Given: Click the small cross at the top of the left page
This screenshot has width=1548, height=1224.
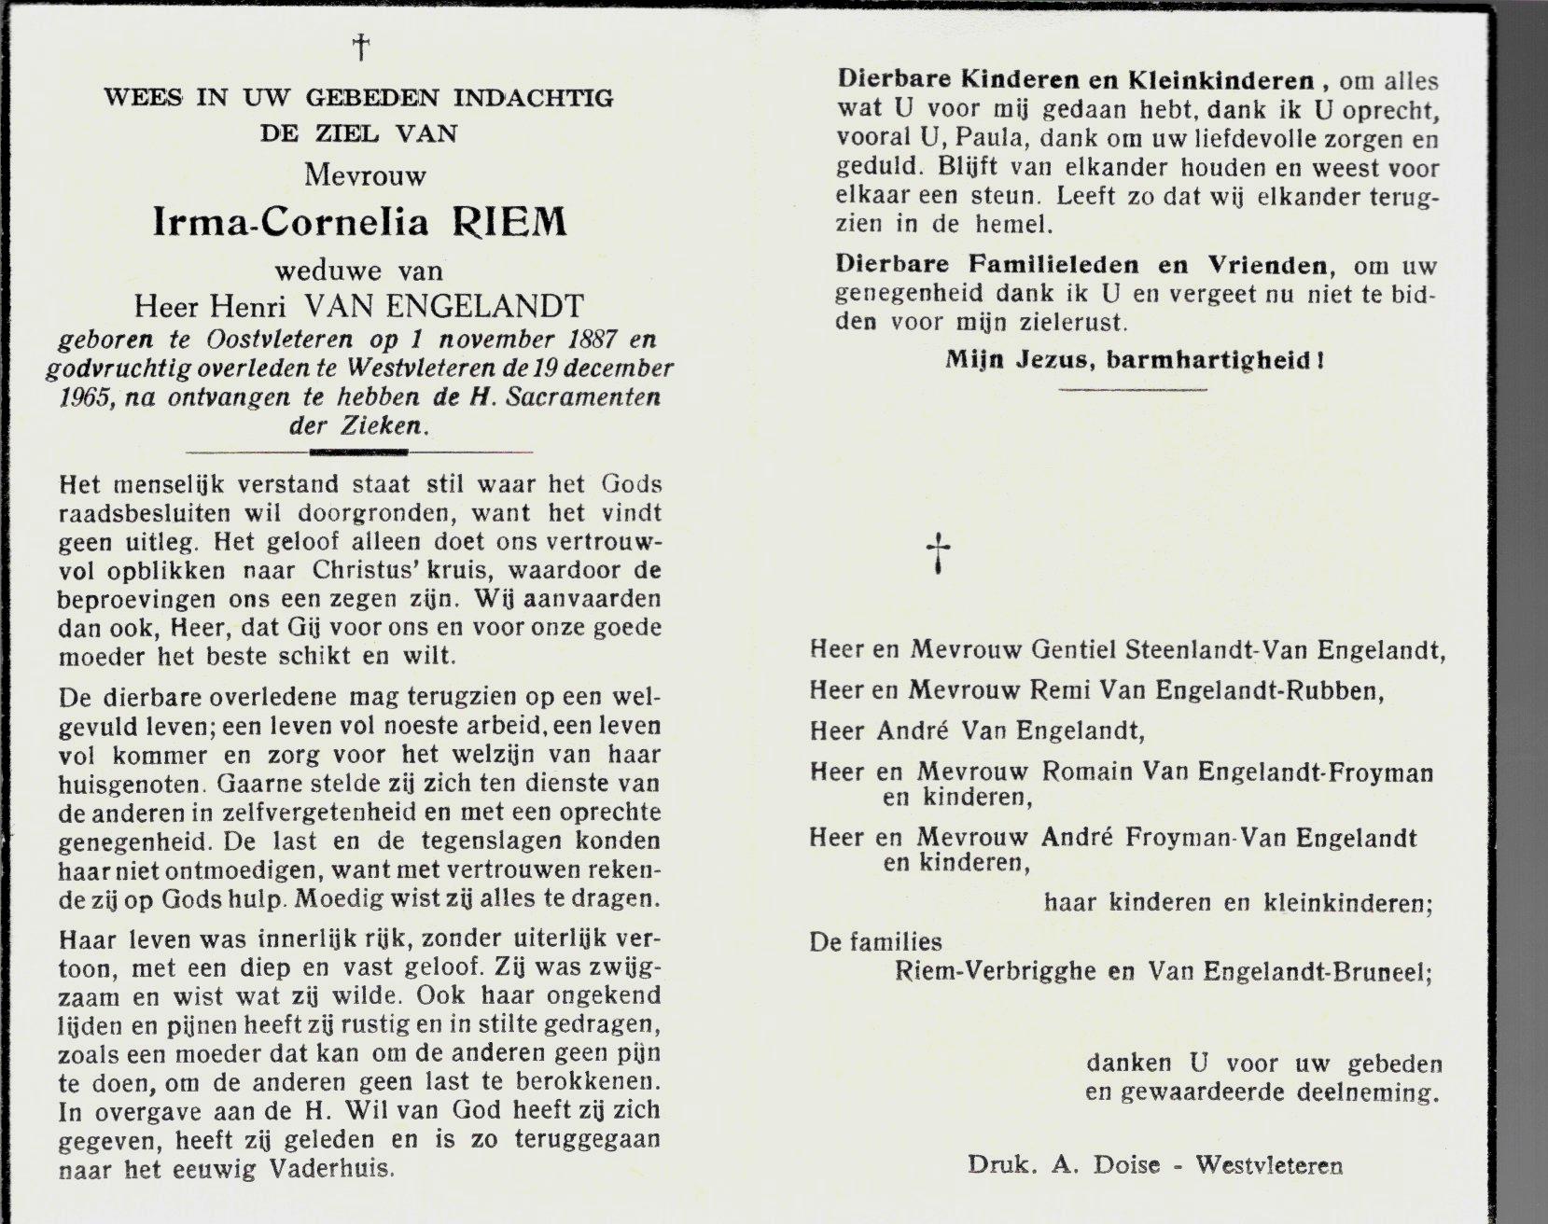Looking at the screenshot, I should (358, 47).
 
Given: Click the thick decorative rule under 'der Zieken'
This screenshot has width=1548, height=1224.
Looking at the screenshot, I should (358, 452).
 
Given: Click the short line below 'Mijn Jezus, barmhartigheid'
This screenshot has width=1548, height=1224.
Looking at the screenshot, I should (1134, 389).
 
